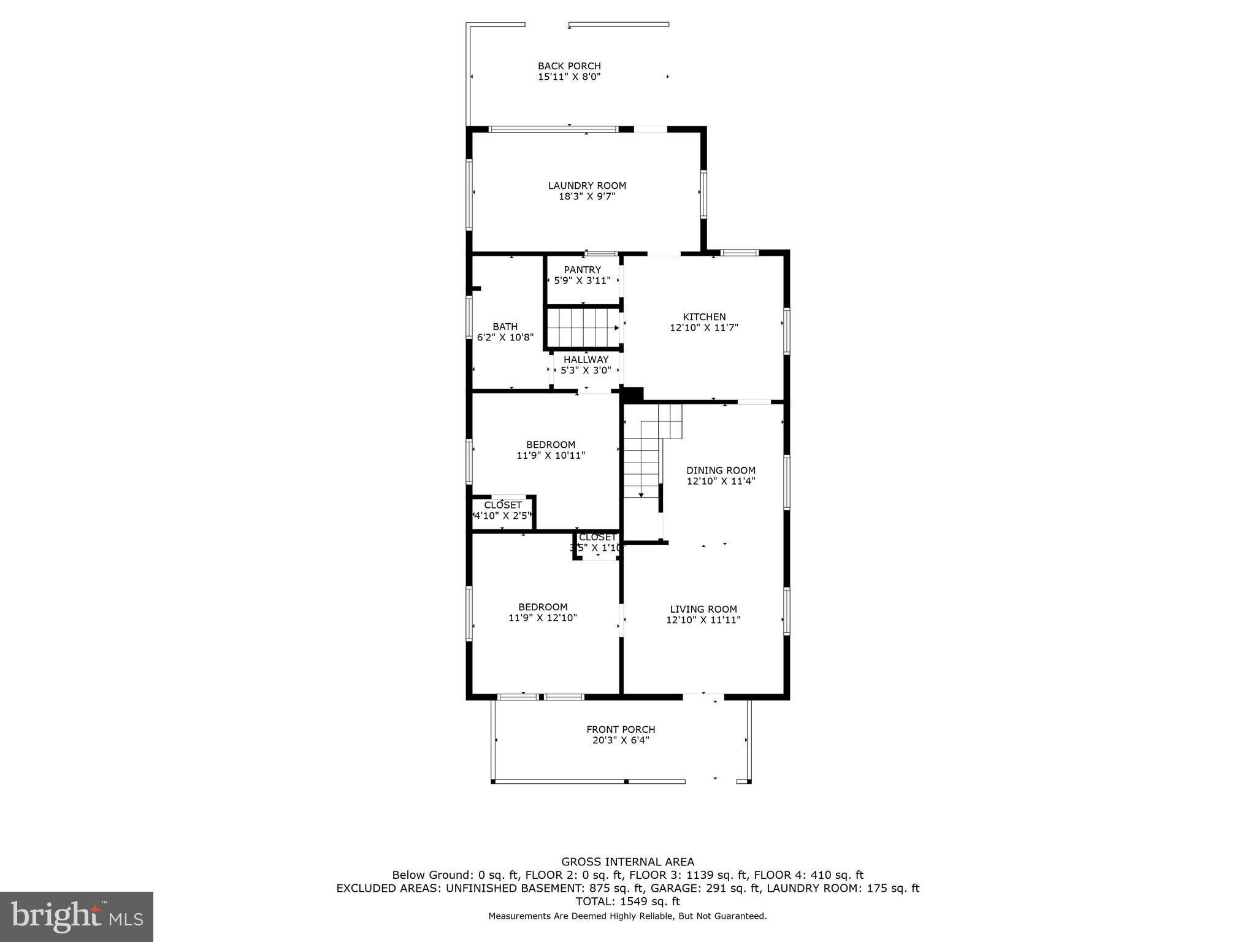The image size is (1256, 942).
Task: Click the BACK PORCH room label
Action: (569, 66)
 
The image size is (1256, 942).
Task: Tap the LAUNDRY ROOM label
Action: (587, 186)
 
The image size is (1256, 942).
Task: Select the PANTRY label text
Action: (583, 270)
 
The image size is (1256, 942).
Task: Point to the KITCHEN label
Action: (704, 317)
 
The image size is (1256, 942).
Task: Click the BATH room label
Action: (505, 327)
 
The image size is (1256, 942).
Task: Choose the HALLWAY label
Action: (586, 359)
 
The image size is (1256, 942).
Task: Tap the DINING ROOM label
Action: (721, 470)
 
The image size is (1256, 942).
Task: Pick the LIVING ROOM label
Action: (703, 609)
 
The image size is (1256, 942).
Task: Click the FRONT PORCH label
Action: (621, 729)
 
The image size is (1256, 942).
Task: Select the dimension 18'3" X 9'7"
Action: (587, 197)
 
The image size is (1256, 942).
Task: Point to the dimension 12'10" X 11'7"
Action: (704, 328)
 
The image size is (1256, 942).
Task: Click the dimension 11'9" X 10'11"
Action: (551, 456)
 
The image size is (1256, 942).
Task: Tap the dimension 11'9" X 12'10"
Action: (543, 618)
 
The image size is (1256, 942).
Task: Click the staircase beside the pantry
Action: (583, 327)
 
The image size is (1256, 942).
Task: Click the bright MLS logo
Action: (77, 917)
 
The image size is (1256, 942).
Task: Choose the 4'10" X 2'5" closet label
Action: (503, 516)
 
